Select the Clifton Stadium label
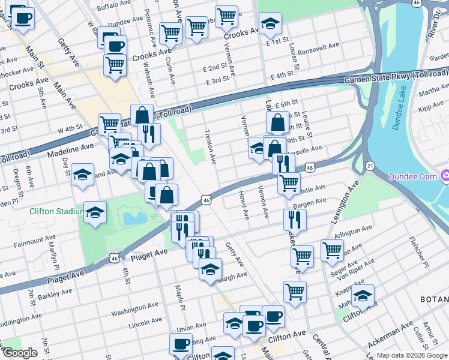[x=55, y=211]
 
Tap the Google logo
[x=20, y=353]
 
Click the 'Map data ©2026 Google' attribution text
[x=412, y=355]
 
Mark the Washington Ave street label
[x=133, y=311]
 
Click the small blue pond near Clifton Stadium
[x=133, y=217]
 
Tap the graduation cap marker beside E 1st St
[x=270, y=25]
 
